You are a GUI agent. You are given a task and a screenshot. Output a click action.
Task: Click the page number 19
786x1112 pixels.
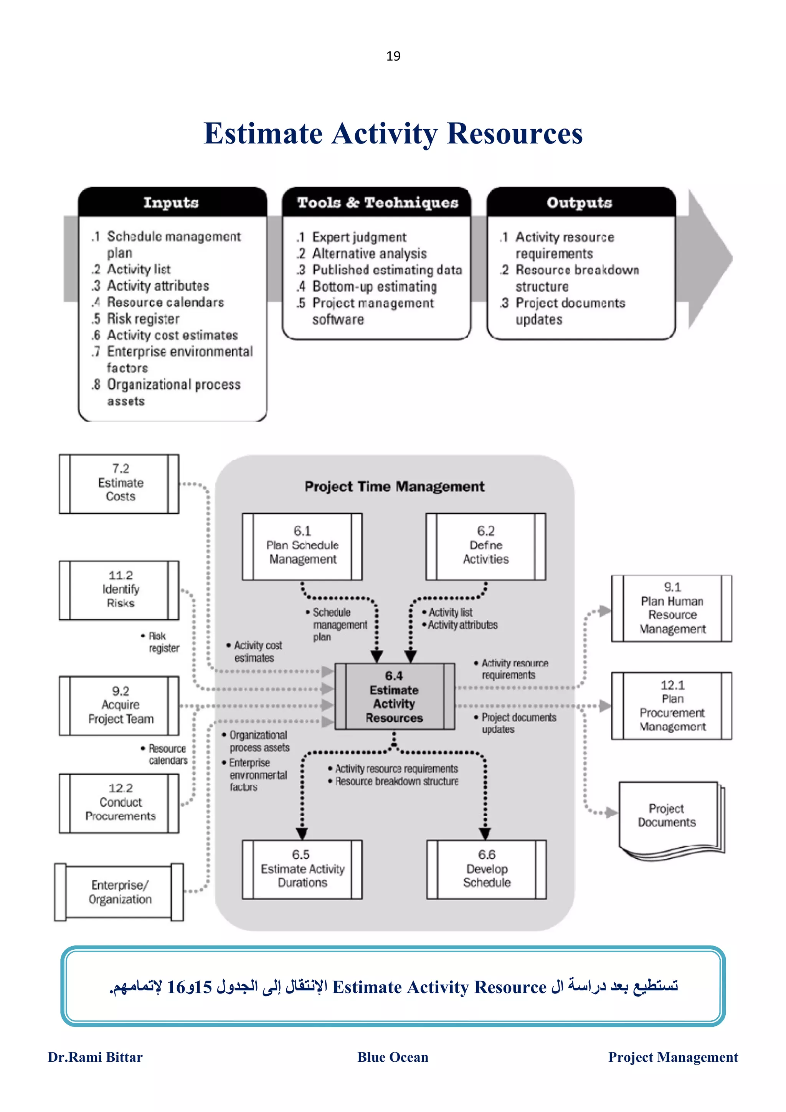click(x=393, y=56)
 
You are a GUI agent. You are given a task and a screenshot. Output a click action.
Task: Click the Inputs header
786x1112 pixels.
click(x=171, y=203)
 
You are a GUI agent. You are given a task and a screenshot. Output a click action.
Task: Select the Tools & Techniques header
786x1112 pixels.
click(x=378, y=203)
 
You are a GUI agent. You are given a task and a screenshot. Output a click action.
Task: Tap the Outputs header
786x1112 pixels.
click(x=579, y=203)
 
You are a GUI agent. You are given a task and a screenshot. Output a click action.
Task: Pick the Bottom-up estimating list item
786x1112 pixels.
click(x=374, y=286)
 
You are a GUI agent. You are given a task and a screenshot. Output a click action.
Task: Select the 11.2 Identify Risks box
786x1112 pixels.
click(x=120, y=589)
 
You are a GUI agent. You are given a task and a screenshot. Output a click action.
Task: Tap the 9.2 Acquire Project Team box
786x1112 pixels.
click(x=120, y=705)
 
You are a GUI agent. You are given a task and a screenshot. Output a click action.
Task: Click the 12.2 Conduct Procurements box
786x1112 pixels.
click(x=120, y=802)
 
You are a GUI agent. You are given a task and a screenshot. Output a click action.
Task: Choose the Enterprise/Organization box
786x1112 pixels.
click(x=120, y=892)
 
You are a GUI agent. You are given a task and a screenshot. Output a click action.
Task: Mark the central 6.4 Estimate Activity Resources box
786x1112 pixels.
click(x=394, y=696)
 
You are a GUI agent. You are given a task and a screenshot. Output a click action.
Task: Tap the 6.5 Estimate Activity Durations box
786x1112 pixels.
click(x=302, y=869)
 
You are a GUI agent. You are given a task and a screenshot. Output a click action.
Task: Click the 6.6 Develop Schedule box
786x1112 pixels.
click(x=487, y=869)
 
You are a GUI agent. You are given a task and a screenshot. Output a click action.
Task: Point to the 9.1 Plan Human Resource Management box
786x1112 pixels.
click(x=672, y=608)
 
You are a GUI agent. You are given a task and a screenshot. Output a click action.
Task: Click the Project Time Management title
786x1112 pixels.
click(x=394, y=486)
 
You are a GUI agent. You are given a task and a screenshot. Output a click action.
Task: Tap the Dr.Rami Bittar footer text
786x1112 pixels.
click(x=96, y=1057)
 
